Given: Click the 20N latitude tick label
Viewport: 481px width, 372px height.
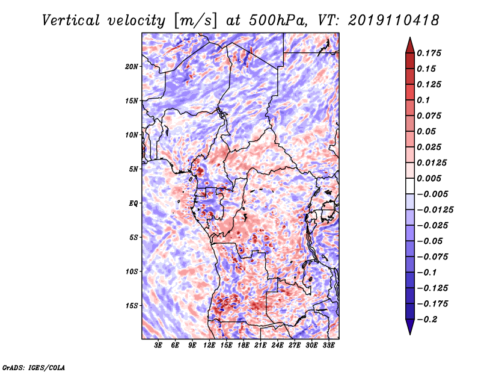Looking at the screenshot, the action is [131, 67].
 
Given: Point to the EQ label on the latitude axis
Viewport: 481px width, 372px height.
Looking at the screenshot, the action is [133, 203].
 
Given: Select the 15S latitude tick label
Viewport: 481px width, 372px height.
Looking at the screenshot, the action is [132, 306].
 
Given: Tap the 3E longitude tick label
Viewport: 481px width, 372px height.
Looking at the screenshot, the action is [158, 346].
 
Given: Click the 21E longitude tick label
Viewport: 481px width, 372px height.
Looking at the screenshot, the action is [260, 346].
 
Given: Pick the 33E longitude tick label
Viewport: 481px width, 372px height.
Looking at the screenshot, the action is [328, 346].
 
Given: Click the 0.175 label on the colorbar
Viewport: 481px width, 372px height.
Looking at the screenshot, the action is [429, 53].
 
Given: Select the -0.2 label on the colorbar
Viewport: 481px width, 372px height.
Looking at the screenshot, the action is [427, 320].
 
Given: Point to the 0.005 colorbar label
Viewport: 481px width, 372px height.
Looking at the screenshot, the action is [429, 178].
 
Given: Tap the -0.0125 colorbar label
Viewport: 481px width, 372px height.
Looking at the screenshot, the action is [435, 210].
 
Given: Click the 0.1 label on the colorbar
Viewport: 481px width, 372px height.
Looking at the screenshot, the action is [423, 100].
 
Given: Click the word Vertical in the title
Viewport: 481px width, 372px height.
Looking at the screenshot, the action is [71, 20].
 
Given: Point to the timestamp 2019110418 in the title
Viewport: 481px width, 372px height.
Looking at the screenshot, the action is [394, 20].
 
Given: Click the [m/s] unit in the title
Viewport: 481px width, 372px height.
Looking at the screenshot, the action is [195, 21].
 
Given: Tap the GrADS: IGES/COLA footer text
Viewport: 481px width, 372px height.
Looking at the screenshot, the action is [34, 367].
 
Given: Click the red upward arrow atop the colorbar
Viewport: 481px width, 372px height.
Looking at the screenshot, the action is [410, 46].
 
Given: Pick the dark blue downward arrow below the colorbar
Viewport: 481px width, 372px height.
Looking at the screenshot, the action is [410, 327].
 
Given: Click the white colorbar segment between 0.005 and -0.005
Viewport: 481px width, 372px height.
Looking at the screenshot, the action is [410, 186].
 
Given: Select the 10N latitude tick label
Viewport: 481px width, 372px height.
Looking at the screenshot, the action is [132, 135].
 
